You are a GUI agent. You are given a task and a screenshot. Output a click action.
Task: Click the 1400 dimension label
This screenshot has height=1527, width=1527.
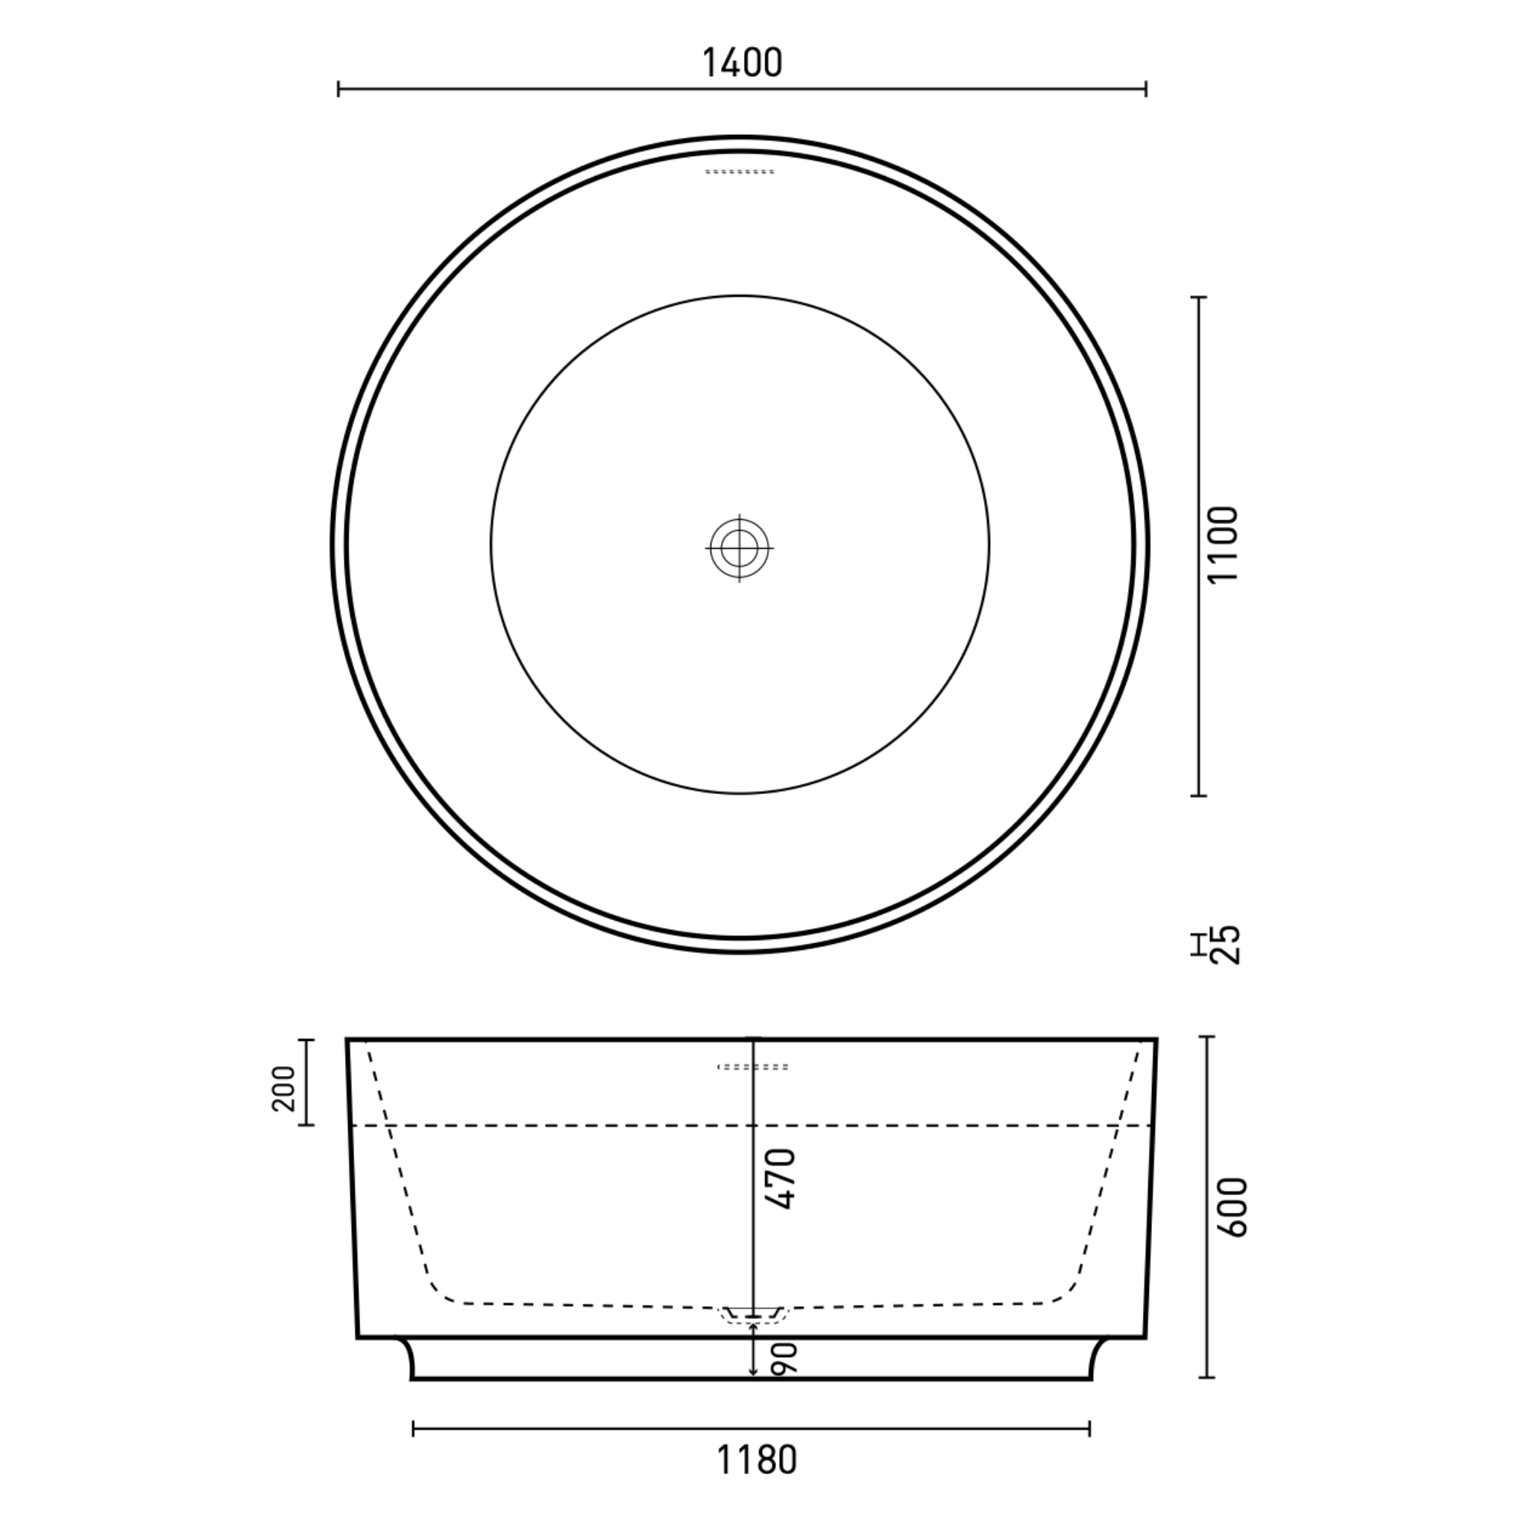(742, 63)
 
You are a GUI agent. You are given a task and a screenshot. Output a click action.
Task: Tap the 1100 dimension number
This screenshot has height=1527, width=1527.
(1222, 545)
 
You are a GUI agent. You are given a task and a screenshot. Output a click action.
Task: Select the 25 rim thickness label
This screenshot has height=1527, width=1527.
(1226, 945)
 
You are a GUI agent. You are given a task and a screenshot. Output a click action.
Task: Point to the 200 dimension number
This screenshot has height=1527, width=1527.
(283, 1088)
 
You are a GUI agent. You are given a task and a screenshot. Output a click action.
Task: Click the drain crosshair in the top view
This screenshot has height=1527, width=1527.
(740, 547)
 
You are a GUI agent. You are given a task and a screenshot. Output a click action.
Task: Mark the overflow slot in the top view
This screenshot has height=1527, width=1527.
(740, 171)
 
